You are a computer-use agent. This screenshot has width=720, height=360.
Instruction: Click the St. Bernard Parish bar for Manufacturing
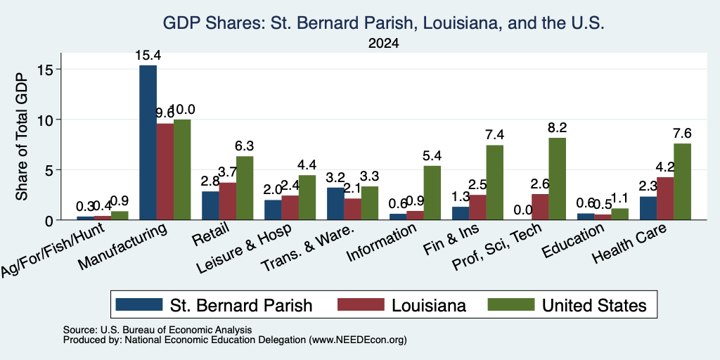tap(148, 142)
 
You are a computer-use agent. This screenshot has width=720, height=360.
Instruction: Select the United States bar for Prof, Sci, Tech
tap(558, 179)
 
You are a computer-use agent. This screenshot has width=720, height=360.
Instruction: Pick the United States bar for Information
tap(432, 193)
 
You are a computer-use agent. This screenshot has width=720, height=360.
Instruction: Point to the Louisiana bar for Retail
tap(228, 201)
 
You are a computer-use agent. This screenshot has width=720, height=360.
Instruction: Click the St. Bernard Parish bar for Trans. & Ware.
tap(335, 204)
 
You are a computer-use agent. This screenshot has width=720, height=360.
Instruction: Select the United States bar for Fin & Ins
tap(495, 183)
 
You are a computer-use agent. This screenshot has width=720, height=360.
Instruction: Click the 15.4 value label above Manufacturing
tap(148, 56)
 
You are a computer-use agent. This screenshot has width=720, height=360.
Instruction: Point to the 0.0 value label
tap(523, 210)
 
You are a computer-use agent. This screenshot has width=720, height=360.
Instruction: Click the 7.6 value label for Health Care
tap(682, 133)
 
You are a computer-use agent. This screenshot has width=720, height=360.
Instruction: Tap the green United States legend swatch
tap(511, 304)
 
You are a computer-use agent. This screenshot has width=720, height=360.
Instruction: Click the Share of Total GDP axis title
tap(22, 136)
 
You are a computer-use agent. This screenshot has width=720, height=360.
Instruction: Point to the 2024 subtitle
tap(383, 44)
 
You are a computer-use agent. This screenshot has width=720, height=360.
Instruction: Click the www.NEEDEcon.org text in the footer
tap(358, 340)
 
